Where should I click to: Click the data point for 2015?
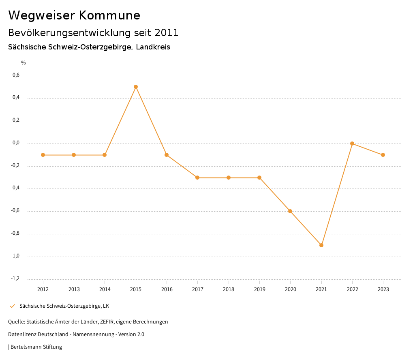[x=136, y=87]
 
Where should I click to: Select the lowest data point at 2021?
[x=321, y=245]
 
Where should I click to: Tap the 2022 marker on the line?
[x=352, y=144]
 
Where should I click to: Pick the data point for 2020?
[x=290, y=211]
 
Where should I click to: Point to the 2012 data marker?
[x=43, y=155]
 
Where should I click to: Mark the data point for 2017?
[x=197, y=178]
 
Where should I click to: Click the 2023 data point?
[x=383, y=155]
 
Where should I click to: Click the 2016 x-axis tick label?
[x=167, y=289]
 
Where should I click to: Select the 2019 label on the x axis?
[x=259, y=289]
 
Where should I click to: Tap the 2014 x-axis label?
[x=105, y=289]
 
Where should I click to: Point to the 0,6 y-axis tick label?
[x=16, y=75]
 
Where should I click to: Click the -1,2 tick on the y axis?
[x=15, y=279]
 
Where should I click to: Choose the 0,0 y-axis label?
[x=16, y=143]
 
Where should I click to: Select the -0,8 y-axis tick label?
[x=15, y=234]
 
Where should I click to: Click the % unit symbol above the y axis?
[x=24, y=63]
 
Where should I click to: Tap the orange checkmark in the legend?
[x=12, y=306]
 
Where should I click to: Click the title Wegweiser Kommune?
[x=74, y=15]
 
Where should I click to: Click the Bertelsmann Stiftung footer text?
[x=36, y=347]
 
